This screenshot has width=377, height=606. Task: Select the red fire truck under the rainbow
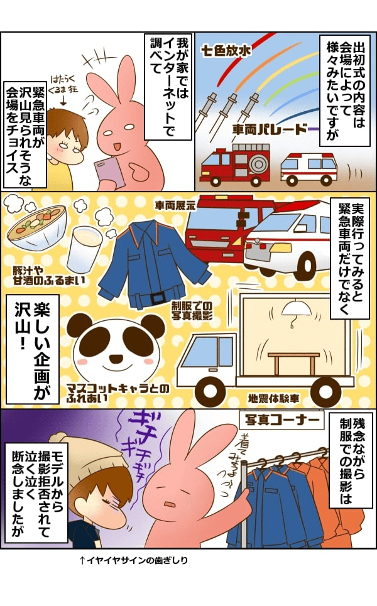pyautogui.click(x=234, y=166)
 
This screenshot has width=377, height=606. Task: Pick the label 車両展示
pyautogui.click(x=175, y=205)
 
